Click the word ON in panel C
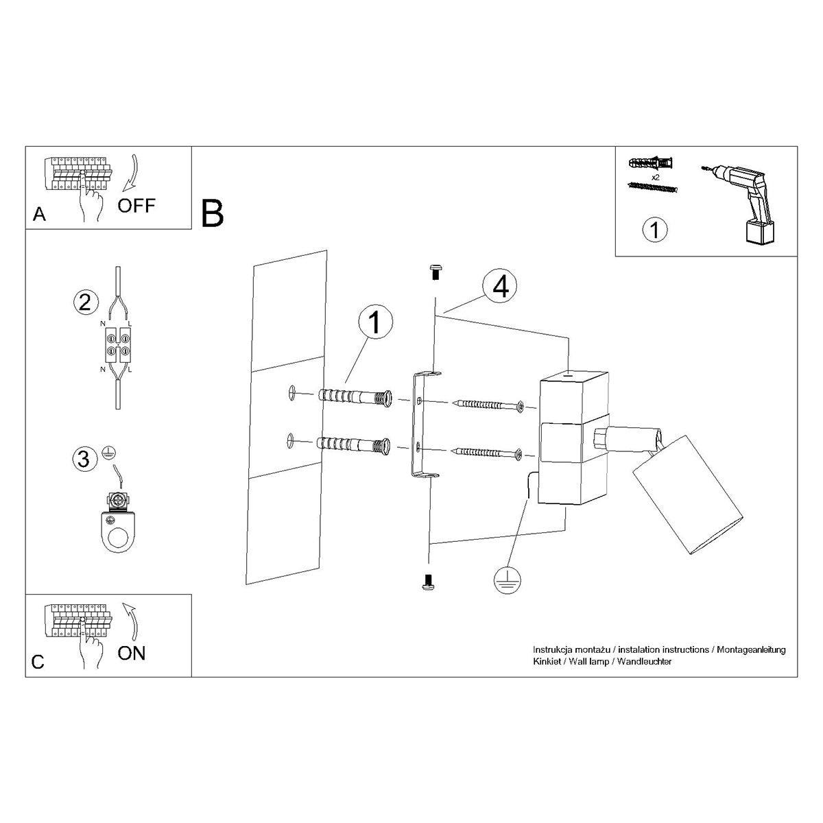pos(131,653)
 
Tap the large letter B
pos(213,213)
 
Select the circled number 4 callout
pos(500,287)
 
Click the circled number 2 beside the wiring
pos(84,302)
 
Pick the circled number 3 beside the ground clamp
pos(84,458)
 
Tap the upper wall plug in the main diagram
pos(355,397)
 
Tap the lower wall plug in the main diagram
pos(355,446)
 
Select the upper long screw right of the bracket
pos(488,405)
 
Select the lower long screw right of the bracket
pos(488,452)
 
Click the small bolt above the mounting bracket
pos(433,272)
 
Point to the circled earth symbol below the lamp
pos(507,581)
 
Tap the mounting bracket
pos(419,425)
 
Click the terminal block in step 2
pos(117,345)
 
